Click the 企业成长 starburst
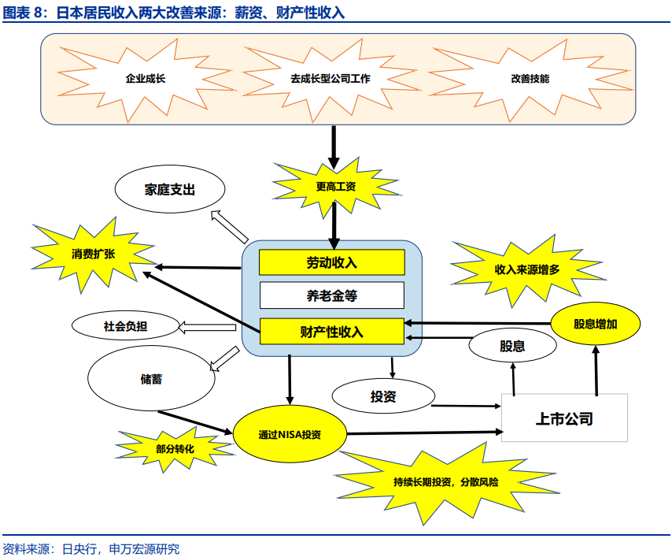(x=146, y=79)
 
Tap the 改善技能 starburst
(x=530, y=79)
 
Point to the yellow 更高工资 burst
(x=335, y=187)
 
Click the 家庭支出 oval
(x=169, y=190)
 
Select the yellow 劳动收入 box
(x=331, y=262)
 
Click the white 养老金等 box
(x=331, y=296)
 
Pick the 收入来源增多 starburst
(x=526, y=269)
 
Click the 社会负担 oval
(x=125, y=325)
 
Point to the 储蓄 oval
(x=151, y=379)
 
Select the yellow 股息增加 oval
(x=595, y=324)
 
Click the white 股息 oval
(x=512, y=346)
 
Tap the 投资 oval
(x=383, y=395)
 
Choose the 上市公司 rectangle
(x=564, y=418)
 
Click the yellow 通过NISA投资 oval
(x=290, y=435)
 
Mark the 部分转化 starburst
(x=175, y=448)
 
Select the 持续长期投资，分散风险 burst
(x=446, y=481)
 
